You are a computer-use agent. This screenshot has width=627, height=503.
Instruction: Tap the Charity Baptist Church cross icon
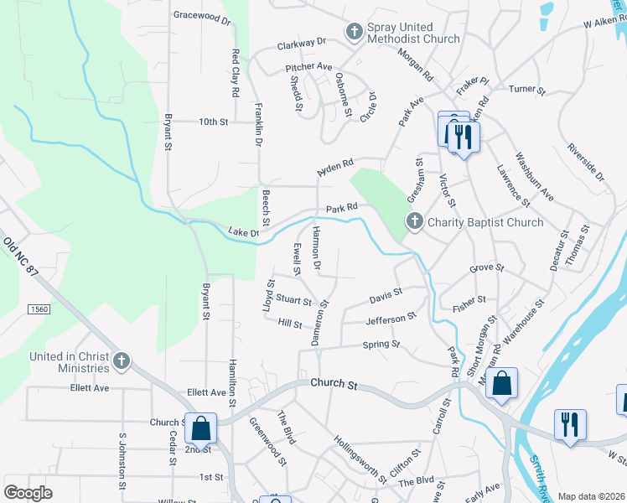(414, 222)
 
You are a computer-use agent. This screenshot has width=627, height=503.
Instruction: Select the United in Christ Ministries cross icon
(122, 361)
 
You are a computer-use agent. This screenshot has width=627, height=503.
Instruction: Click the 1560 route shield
(39, 309)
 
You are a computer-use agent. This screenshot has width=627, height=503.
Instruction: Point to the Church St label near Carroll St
(334, 385)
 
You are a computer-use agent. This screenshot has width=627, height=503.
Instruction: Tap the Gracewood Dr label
(201, 15)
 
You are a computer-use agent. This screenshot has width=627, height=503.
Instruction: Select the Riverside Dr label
(585, 164)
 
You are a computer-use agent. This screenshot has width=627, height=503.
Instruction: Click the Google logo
(28, 493)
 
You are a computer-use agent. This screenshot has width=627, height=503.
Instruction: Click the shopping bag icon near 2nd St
(201, 428)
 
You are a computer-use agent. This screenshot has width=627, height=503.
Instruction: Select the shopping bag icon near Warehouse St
(501, 384)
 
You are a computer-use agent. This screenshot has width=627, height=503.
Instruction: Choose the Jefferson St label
(391, 319)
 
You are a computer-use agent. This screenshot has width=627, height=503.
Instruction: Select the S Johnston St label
(122, 462)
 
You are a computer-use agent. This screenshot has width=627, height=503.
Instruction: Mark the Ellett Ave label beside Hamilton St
(207, 392)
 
